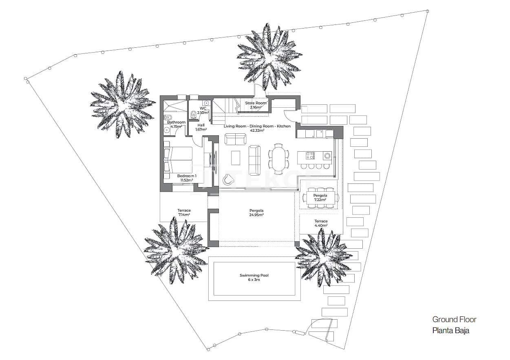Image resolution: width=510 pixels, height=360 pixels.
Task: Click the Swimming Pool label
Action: tap(254, 276)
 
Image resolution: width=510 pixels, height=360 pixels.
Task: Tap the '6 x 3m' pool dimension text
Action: tap(254, 280)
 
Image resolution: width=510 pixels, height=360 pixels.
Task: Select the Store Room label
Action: tap(255, 103)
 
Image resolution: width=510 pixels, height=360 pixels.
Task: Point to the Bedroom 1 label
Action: tap(187, 176)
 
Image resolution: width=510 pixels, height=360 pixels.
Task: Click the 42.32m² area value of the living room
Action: tap(257, 131)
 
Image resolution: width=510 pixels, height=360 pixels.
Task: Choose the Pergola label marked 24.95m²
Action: tap(256, 211)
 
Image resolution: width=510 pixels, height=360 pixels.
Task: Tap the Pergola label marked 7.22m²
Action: tap(320, 196)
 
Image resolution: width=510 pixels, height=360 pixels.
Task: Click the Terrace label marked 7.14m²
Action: tap(184, 211)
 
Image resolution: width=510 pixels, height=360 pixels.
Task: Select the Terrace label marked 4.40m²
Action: tap(321, 221)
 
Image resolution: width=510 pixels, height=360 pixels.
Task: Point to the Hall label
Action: tap(201, 125)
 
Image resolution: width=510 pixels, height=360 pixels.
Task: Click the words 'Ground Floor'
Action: tap(454, 320)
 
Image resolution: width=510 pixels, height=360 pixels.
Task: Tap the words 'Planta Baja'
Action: tap(450, 331)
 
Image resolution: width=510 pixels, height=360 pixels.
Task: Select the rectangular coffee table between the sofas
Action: tap(236, 157)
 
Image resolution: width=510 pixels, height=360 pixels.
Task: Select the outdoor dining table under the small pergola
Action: tap(320, 198)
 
